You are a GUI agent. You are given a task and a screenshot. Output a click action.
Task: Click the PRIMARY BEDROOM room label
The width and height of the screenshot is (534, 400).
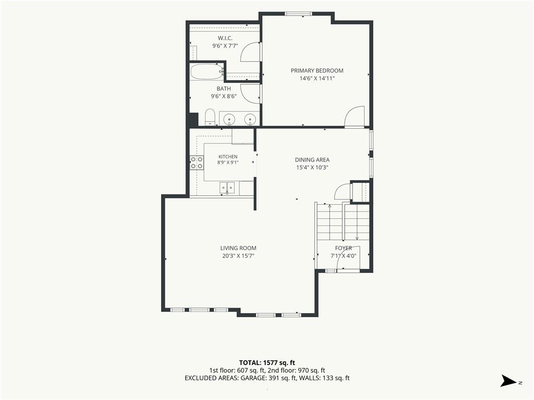point(317,71)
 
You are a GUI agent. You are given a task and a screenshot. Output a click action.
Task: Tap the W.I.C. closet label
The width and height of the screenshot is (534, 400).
point(225,38)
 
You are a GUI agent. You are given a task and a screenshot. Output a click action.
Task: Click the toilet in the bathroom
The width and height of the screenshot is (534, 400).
point(210,117)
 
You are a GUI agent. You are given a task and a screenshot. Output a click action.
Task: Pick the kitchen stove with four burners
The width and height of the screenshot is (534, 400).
point(197,162)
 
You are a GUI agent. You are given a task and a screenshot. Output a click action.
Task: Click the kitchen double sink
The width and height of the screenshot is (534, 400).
point(227,188)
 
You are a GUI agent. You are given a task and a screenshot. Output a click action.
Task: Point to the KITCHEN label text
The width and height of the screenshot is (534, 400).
point(228,157)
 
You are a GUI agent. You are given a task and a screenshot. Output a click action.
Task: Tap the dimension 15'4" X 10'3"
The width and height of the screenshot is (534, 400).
point(312,167)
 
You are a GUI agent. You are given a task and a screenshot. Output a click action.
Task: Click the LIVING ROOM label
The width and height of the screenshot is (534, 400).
point(238,248)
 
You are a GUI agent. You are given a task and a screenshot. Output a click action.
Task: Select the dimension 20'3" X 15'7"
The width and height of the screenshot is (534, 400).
point(238,256)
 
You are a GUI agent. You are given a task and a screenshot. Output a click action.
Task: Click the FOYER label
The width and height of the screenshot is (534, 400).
point(343,248)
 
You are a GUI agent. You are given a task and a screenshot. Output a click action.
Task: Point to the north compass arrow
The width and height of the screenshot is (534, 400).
point(508,381)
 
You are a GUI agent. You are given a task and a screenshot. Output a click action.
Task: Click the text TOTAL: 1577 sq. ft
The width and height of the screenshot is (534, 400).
point(266,362)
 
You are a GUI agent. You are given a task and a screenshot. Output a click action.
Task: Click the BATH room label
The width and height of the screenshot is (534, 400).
point(224,89)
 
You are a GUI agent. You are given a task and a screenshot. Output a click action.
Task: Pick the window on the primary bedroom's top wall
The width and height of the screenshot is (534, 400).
point(298,14)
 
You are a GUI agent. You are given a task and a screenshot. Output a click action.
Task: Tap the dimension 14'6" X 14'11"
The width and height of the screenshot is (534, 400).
point(317,78)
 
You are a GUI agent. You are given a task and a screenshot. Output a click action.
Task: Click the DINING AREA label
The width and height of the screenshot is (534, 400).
point(312,160)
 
